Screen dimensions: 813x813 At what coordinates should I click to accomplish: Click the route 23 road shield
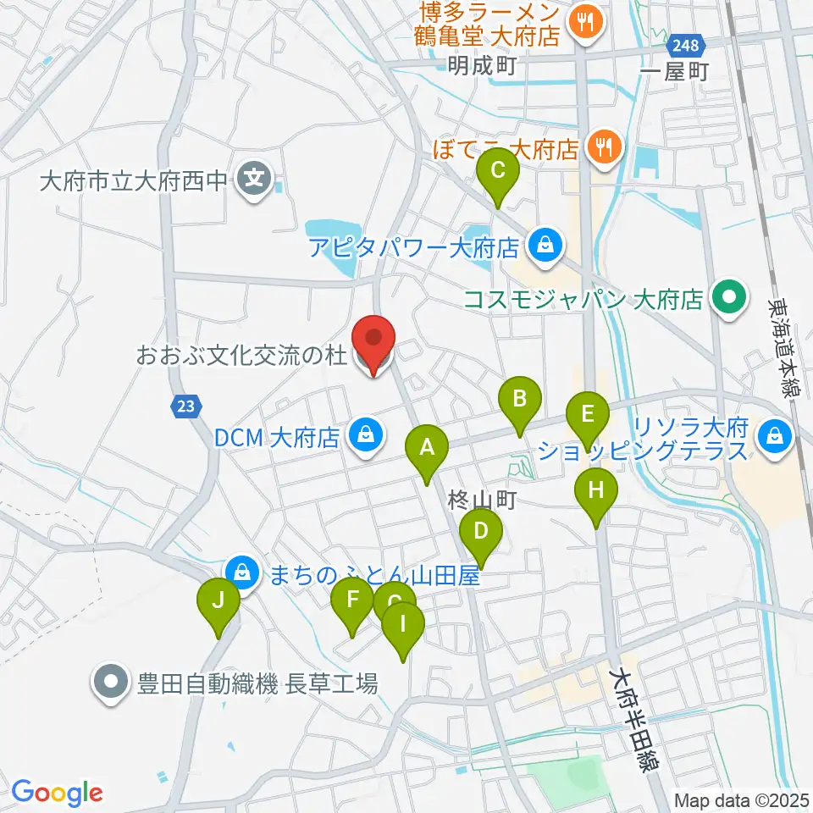tap(186, 407)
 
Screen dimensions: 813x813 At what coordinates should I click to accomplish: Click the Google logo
tap(57, 794)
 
